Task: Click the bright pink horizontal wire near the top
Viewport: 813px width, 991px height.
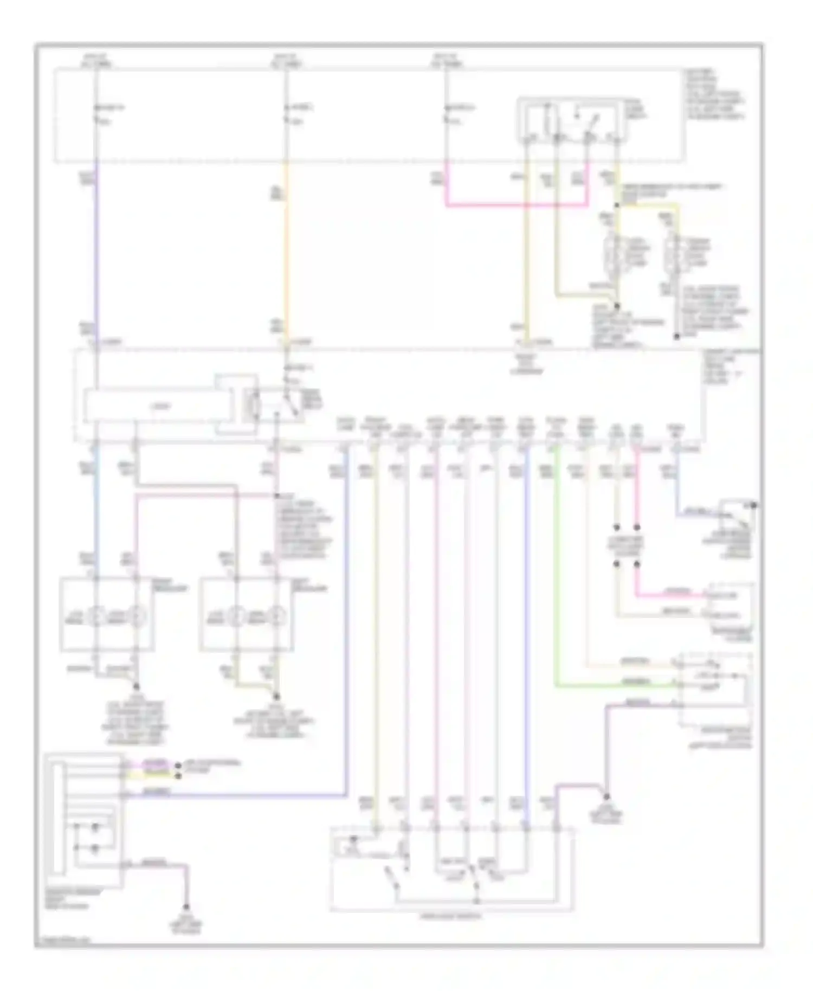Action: [515, 206]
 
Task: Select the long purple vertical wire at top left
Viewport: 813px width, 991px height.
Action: [96, 249]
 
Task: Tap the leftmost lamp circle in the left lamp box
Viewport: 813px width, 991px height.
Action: [96, 616]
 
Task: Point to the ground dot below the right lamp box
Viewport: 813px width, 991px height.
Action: [278, 696]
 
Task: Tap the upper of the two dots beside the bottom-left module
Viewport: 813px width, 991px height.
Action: [178, 765]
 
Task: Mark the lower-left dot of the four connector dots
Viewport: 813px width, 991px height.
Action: [616, 564]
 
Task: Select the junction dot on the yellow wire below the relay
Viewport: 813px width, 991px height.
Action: [617, 205]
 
